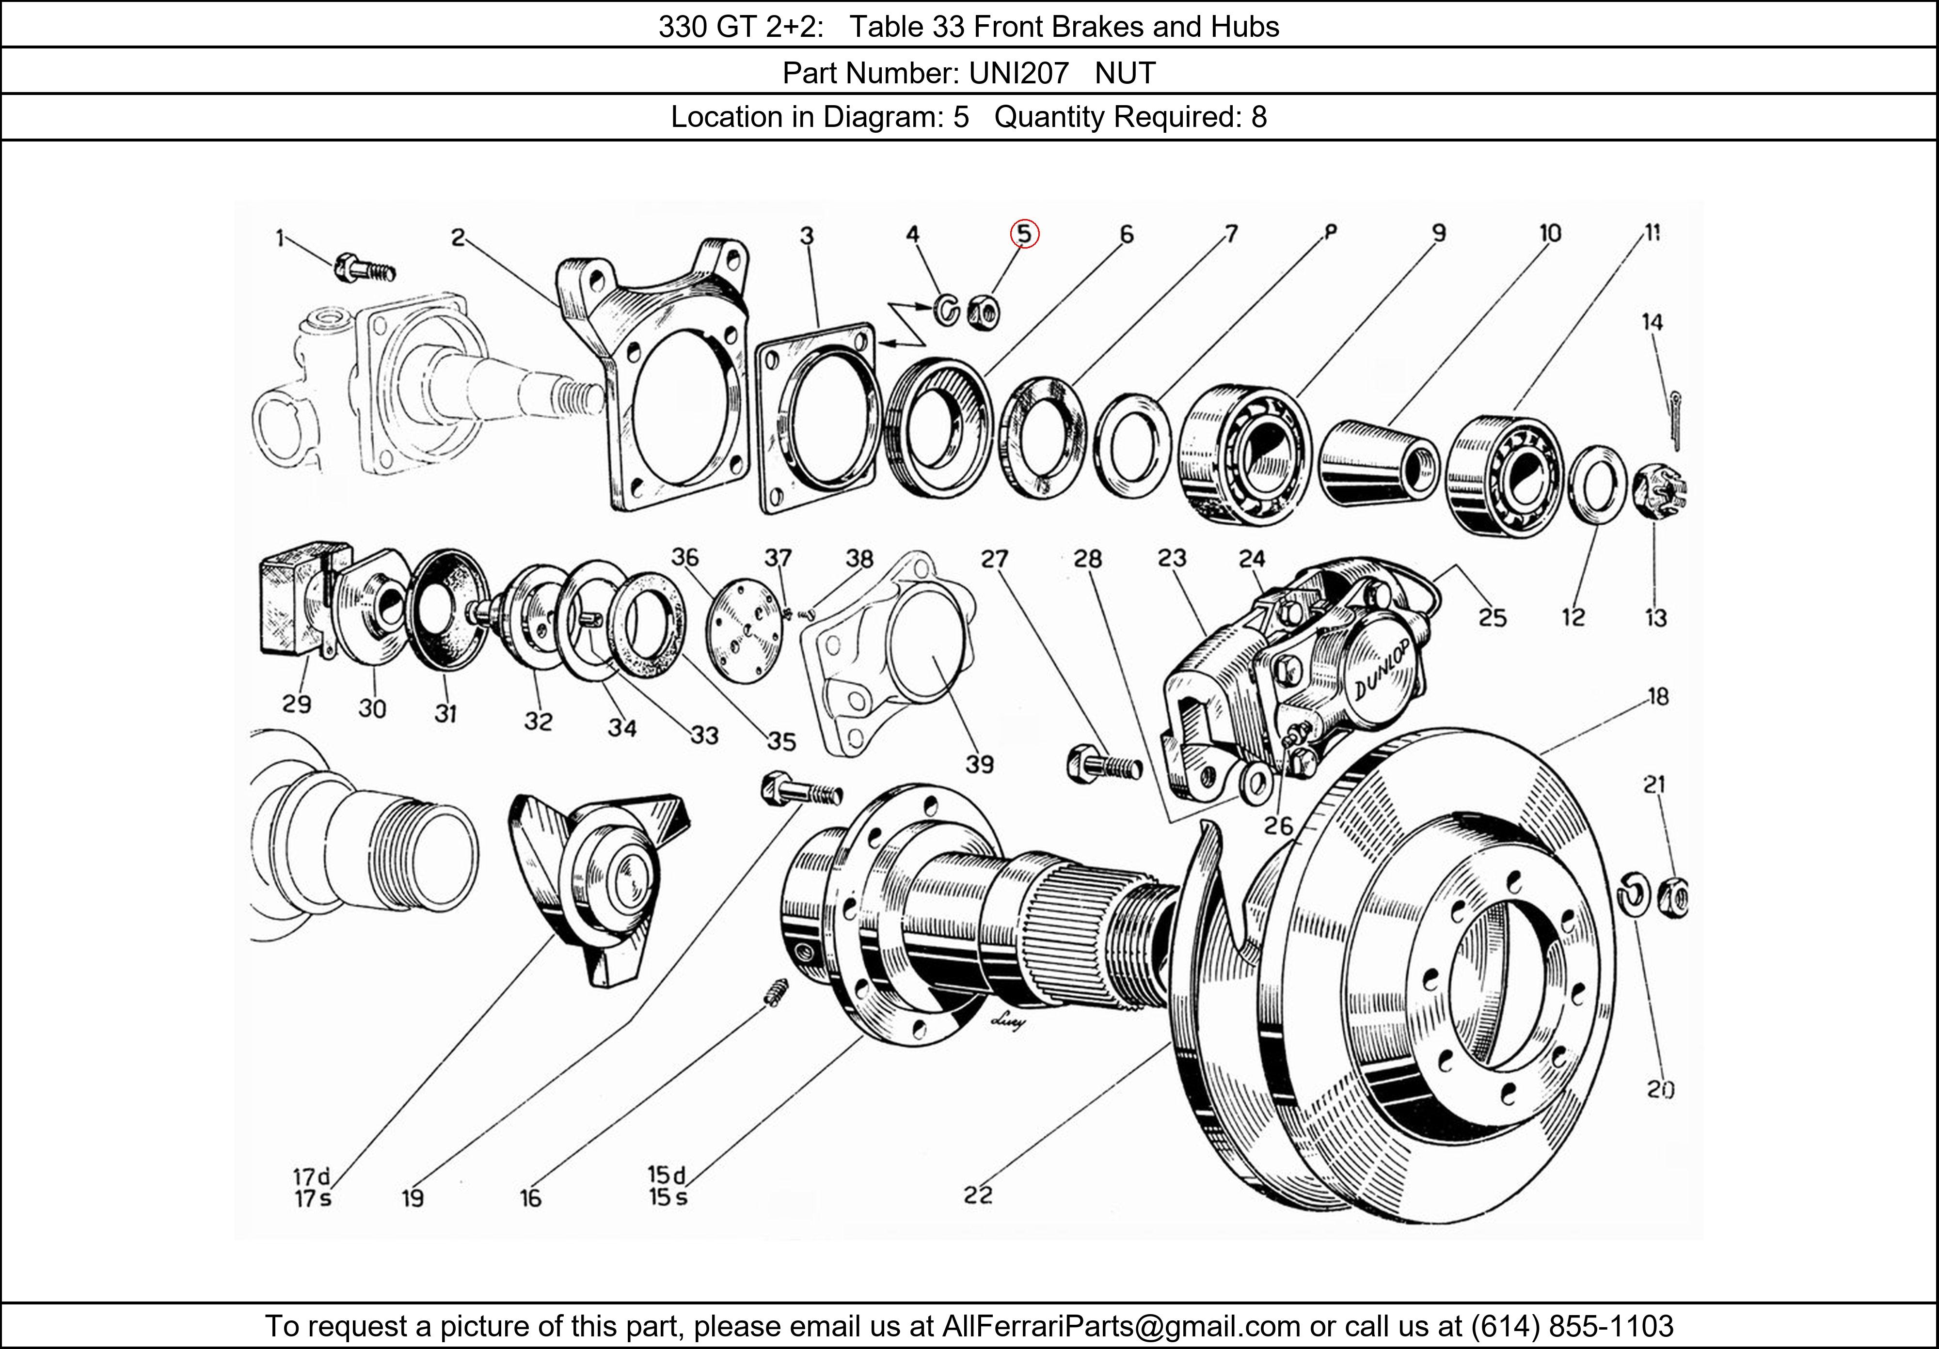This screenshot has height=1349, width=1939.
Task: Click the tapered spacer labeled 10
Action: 1378,463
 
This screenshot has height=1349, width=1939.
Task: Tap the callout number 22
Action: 978,1194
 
